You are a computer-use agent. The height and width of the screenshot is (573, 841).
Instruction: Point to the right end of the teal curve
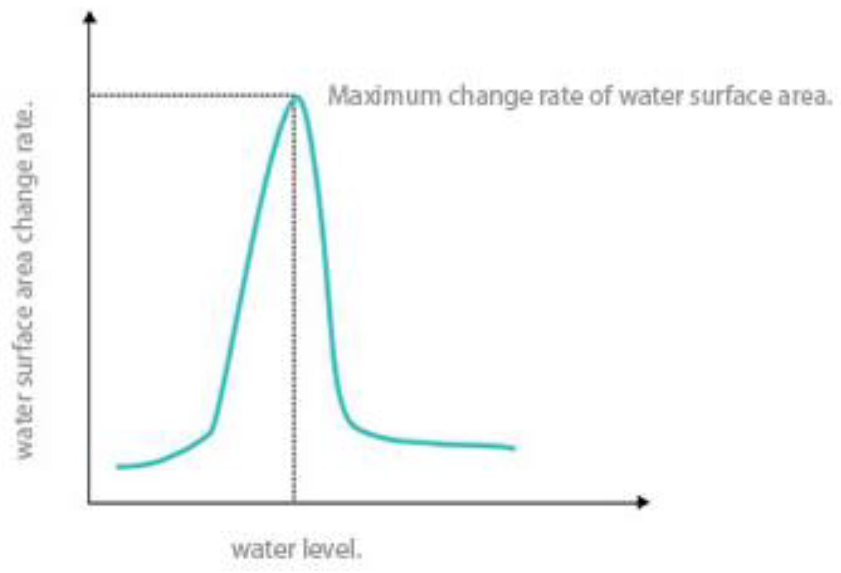click(x=514, y=448)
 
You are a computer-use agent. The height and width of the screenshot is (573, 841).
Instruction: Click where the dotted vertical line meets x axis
click(x=294, y=503)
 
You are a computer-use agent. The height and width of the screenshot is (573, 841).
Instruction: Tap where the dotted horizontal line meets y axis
click(x=90, y=95)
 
